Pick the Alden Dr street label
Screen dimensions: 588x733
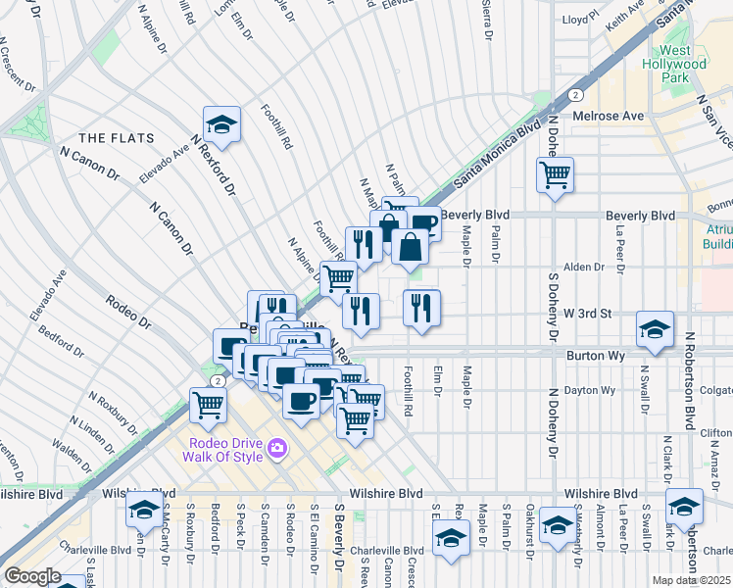pyautogui.click(x=583, y=267)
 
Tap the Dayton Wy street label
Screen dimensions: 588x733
pyautogui.click(x=594, y=390)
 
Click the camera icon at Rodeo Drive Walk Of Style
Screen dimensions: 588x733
pyautogui.click(x=278, y=448)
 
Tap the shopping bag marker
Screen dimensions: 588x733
pyautogui.click(x=411, y=248)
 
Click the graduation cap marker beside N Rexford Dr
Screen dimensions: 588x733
pyautogui.click(x=223, y=124)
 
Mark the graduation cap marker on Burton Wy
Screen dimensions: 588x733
pyautogui.click(x=655, y=329)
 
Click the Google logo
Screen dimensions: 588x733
pyautogui.click(x=32, y=576)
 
